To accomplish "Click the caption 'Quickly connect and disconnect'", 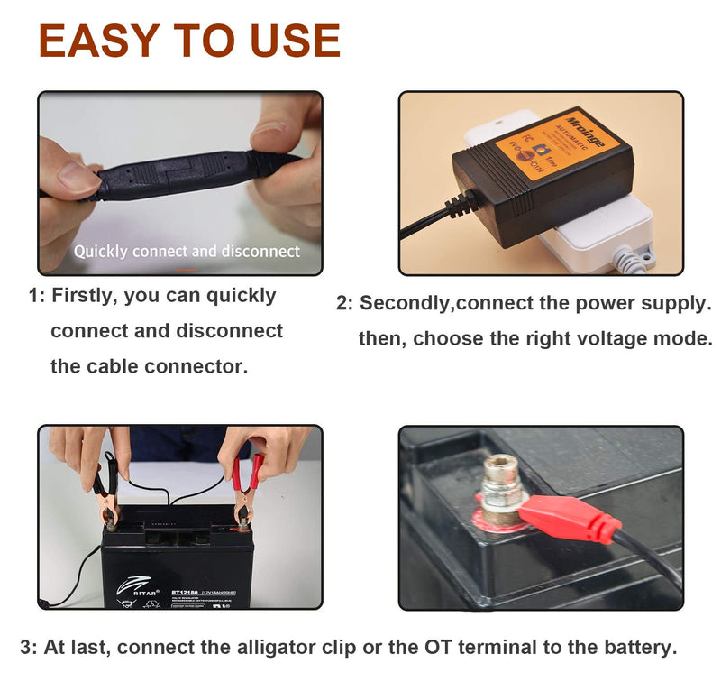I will coord(187,251).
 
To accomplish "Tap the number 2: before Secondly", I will coord(345,304).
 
